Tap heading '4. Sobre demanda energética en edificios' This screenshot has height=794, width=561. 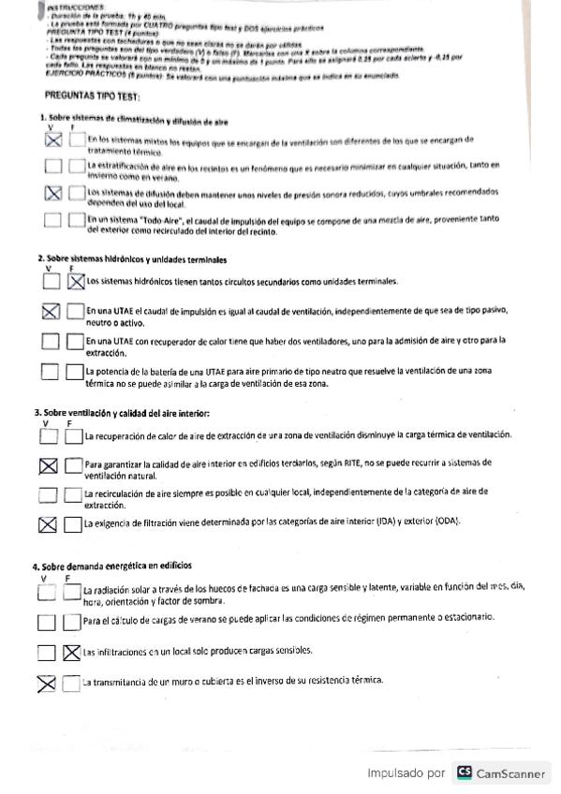point(112,566)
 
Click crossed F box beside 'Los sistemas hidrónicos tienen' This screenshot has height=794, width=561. point(75,281)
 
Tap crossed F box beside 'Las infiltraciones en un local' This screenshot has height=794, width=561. point(71,653)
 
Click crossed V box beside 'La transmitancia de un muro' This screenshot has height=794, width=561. point(46,684)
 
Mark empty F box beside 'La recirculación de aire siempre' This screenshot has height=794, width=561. point(73,495)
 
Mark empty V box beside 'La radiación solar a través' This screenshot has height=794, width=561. point(46,593)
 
